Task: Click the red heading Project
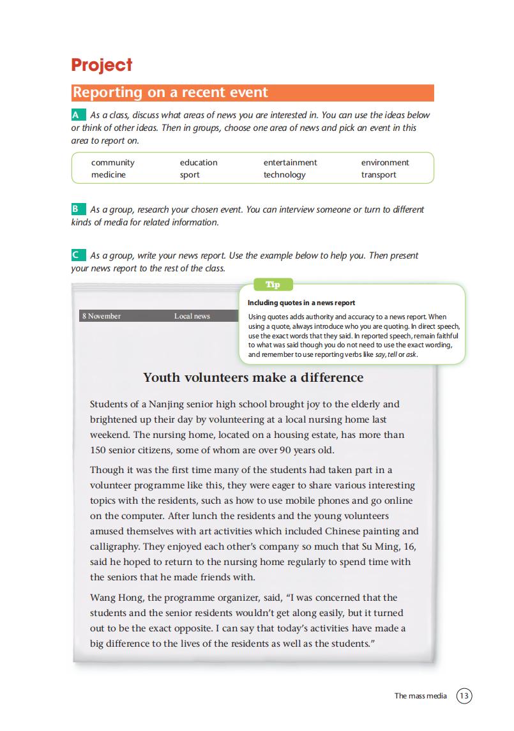pyautogui.click(x=102, y=65)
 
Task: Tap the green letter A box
pyautogui.click(x=78, y=115)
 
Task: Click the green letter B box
pyautogui.click(x=78, y=209)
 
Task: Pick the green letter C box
pyautogui.click(x=78, y=255)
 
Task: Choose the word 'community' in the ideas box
pyautogui.click(x=113, y=163)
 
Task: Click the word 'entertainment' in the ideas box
pyautogui.click(x=290, y=163)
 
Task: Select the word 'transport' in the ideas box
pyautogui.click(x=379, y=175)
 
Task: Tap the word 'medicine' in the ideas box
pyautogui.click(x=109, y=175)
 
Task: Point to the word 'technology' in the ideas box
pyautogui.click(x=284, y=175)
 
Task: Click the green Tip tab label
pyautogui.click(x=273, y=285)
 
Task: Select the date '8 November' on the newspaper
pyautogui.click(x=102, y=316)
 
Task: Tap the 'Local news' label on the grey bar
pyautogui.click(x=192, y=316)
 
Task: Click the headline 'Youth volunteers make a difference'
pyautogui.click(x=253, y=377)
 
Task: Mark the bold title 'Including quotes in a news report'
pyautogui.click(x=301, y=303)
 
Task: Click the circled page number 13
pyautogui.click(x=464, y=695)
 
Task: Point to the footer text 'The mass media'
pyautogui.click(x=421, y=696)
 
